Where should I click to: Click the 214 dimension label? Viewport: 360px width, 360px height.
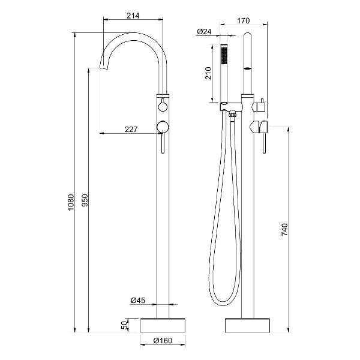coord(133,16)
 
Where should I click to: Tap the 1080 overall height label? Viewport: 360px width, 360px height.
coord(71,202)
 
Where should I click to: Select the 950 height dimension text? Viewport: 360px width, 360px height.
coord(85,200)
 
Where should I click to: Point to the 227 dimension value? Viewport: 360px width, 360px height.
coord(131,130)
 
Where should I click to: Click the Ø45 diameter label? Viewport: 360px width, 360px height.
coord(138,301)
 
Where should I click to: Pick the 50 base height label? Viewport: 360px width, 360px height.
coord(124,325)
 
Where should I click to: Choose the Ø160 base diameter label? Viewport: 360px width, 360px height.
coord(163,340)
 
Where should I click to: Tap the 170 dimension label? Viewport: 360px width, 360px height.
coord(243,21)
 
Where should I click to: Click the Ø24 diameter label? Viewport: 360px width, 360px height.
coord(204,31)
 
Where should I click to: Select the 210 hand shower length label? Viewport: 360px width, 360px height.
coord(208,73)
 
